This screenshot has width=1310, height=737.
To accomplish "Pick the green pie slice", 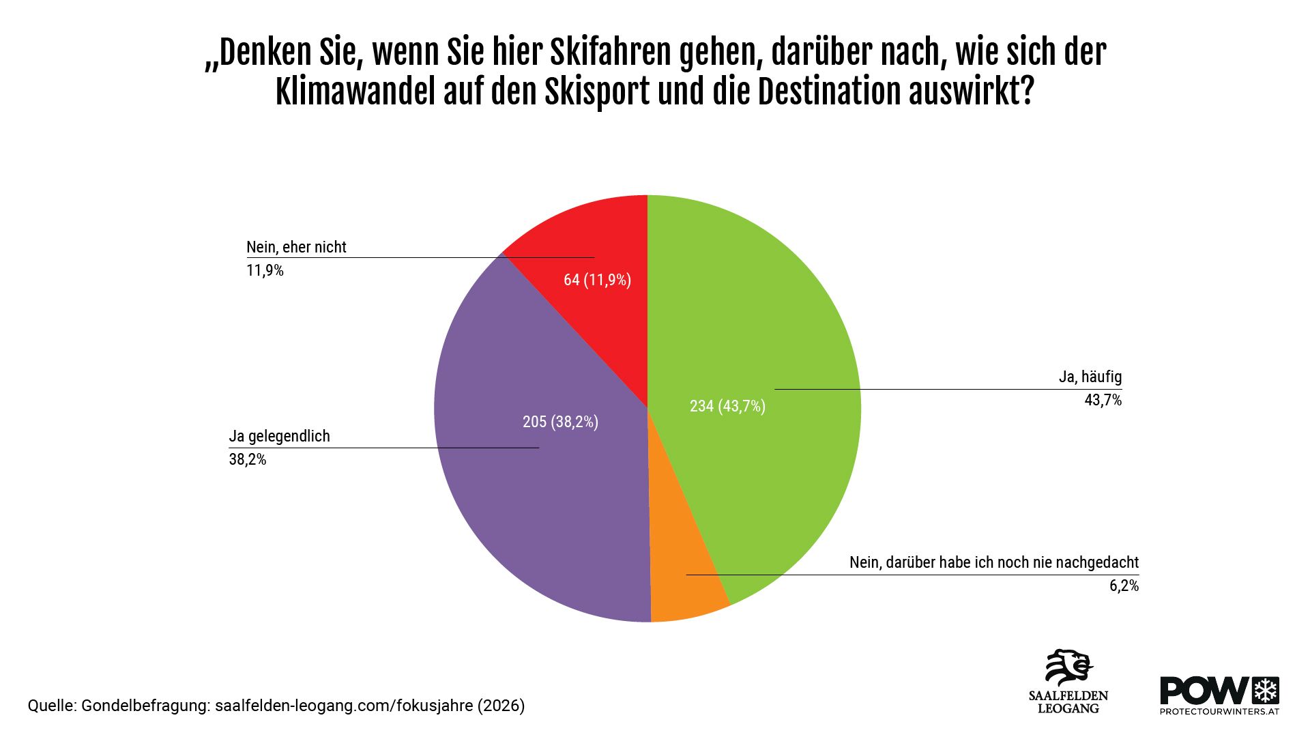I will (x=764, y=341).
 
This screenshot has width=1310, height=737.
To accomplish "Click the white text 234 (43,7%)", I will (x=727, y=407).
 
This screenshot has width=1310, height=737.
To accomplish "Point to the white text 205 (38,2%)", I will (x=560, y=422).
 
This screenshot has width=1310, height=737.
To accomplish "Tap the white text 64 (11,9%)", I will (x=597, y=280).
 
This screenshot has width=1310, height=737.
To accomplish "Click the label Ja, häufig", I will (x=1090, y=377).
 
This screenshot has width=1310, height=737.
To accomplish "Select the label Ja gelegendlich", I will (x=279, y=436).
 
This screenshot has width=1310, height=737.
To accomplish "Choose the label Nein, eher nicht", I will (x=296, y=247).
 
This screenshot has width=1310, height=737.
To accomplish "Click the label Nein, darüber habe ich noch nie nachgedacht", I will (x=993, y=562).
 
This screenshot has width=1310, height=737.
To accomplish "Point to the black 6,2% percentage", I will (x=1124, y=586).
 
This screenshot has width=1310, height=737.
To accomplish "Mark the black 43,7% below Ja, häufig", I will (x=1103, y=400).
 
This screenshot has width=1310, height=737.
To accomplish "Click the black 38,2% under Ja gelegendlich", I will (x=248, y=459).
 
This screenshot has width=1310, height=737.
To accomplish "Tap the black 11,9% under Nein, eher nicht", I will (x=265, y=270).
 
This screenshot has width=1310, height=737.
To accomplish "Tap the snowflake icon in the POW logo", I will (x=1266, y=691).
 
